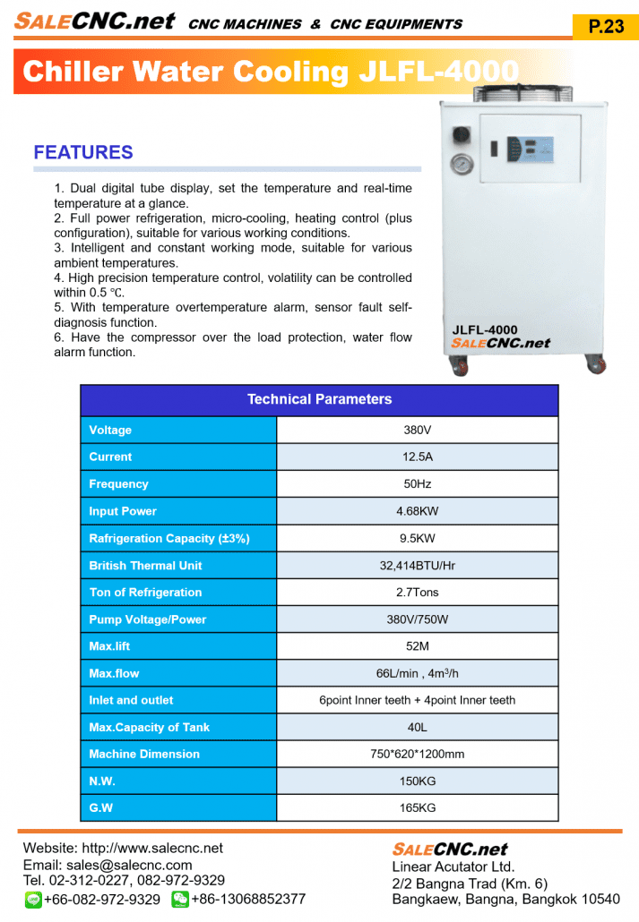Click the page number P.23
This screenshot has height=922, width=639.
click(x=606, y=26)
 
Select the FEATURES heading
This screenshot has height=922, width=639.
click(x=83, y=152)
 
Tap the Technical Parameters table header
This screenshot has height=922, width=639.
click(x=319, y=399)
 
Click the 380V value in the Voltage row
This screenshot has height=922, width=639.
click(x=418, y=431)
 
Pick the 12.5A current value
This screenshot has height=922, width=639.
click(x=418, y=457)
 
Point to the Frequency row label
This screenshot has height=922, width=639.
click(x=118, y=484)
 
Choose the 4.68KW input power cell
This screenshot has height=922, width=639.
click(x=418, y=511)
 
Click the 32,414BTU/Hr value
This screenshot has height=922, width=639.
click(x=418, y=566)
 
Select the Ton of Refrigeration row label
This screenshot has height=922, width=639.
click(x=145, y=593)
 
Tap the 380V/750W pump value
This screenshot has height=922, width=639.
click(x=418, y=619)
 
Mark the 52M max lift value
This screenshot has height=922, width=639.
click(x=418, y=646)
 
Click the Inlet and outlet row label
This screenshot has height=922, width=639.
click(x=131, y=700)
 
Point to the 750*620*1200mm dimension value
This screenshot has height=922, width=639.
click(x=418, y=754)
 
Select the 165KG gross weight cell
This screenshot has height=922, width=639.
click(x=418, y=807)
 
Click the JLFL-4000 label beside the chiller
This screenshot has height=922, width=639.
click(x=485, y=330)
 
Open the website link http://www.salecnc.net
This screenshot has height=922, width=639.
click(x=152, y=849)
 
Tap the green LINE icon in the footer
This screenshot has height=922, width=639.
click(x=33, y=899)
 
